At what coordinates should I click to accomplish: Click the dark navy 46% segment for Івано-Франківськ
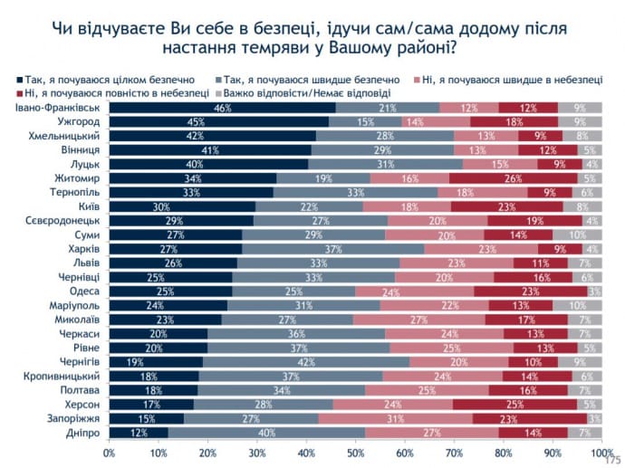(223, 109)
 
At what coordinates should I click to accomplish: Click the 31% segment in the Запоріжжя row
(396, 417)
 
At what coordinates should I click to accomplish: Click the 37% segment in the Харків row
(332, 249)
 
